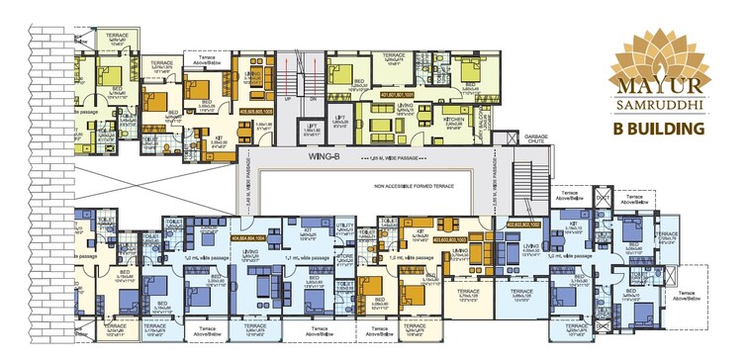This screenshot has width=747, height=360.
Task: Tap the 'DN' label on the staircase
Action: pyautogui.click(x=313, y=99)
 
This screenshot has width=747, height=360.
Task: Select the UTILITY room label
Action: pyautogui.click(x=346, y=225)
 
